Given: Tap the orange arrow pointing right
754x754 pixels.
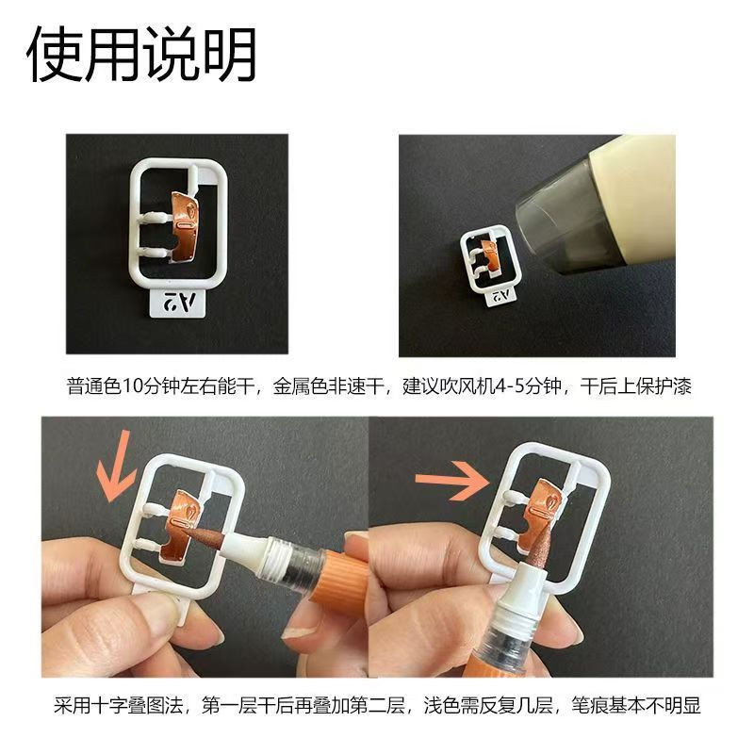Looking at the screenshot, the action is point(452,480).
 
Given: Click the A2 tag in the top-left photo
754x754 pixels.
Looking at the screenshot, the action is point(178,302).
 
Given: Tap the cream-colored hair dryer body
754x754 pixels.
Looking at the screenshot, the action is point(634,197).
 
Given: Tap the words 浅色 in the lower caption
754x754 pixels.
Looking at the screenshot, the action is point(442,705).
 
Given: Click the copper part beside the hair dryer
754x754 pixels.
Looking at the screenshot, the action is point(490,256).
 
